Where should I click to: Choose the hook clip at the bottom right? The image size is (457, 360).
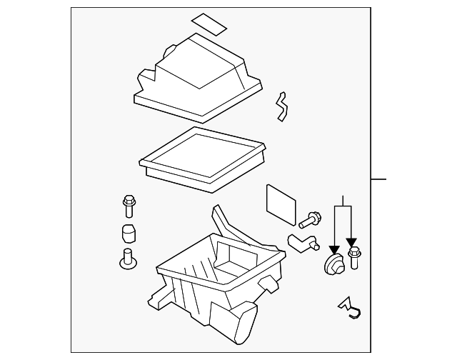(x=351, y=306)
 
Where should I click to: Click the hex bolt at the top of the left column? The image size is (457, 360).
(x=129, y=206)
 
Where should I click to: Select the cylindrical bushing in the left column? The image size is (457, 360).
(x=128, y=234)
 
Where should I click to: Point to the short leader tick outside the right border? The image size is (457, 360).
(x=378, y=179)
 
